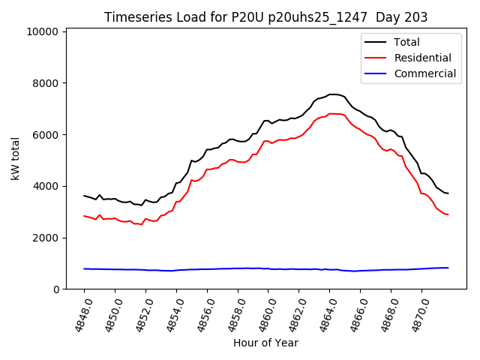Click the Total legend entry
pyautogui.click(x=406, y=42)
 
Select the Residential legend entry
pyautogui.click(x=422, y=58)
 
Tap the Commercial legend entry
pyautogui.click(x=424, y=73)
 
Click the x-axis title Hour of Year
pyautogui.click(x=265, y=343)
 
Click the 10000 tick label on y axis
pyautogui.click(x=42, y=31)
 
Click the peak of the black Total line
pyautogui.click(x=334, y=94)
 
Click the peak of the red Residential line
pyautogui.click(x=332, y=114)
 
